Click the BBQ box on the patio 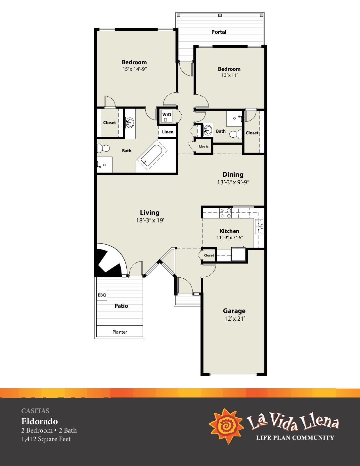[x=102, y=295]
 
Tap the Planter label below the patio [x=120, y=332]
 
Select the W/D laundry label [x=167, y=115]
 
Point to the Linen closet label [x=168, y=132]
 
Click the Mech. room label [x=204, y=147]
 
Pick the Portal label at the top [x=219, y=32]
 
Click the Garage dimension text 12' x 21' [x=235, y=319]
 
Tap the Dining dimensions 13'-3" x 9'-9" [x=233, y=182]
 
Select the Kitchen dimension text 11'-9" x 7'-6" [x=230, y=237]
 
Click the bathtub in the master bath [x=152, y=156]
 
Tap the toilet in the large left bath [x=103, y=148]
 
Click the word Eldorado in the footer [x=39, y=421]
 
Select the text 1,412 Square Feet [x=46, y=439]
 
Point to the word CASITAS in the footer [x=35, y=411]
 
